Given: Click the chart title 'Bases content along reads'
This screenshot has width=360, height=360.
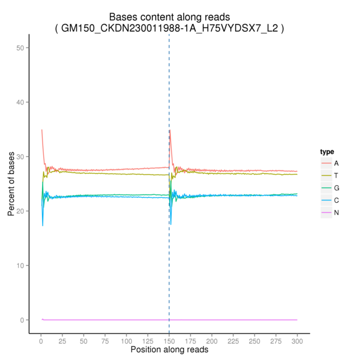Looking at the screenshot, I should [169, 17].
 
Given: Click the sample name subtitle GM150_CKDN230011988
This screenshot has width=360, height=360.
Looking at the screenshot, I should [169, 28].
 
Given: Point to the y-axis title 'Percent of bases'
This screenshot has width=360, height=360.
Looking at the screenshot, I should [11, 184].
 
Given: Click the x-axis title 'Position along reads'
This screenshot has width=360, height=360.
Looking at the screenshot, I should [169, 349].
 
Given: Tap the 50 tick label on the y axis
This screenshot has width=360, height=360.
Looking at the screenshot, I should [27, 47].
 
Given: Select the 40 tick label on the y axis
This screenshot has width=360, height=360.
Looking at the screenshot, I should [27, 102].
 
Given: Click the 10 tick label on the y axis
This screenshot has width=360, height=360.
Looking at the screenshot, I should [27, 265].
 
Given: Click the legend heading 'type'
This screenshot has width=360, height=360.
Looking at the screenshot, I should [327, 152].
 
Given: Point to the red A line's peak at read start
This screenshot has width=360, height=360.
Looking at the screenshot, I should [41, 130].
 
